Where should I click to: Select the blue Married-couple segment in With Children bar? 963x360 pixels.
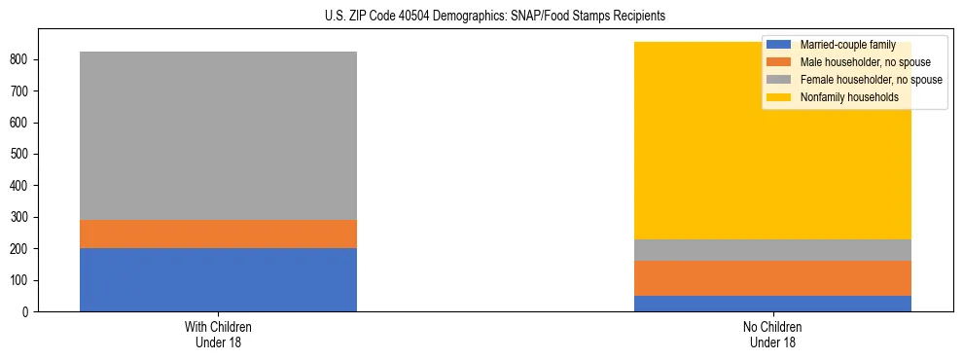(x=218, y=279)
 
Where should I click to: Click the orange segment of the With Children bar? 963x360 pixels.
(x=218, y=234)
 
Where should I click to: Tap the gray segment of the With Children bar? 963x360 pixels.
(x=218, y=135)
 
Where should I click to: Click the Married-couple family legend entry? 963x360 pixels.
(x=847, y=45)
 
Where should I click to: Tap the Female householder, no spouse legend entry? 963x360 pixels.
(x=870, y=80)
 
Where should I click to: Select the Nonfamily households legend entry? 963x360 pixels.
(x=848, y=97)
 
